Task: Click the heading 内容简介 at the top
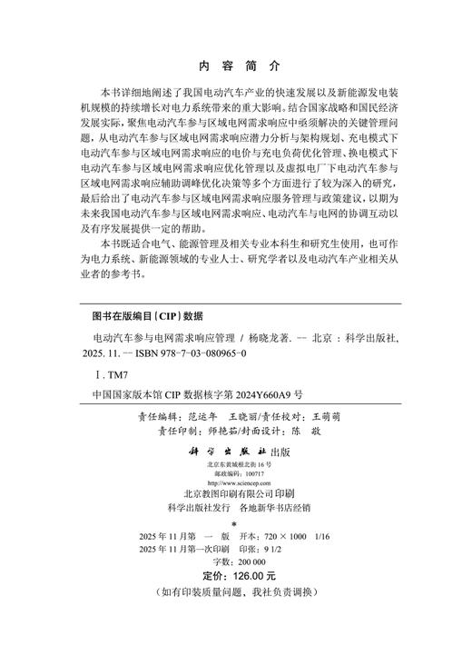(x=239, y=66)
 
